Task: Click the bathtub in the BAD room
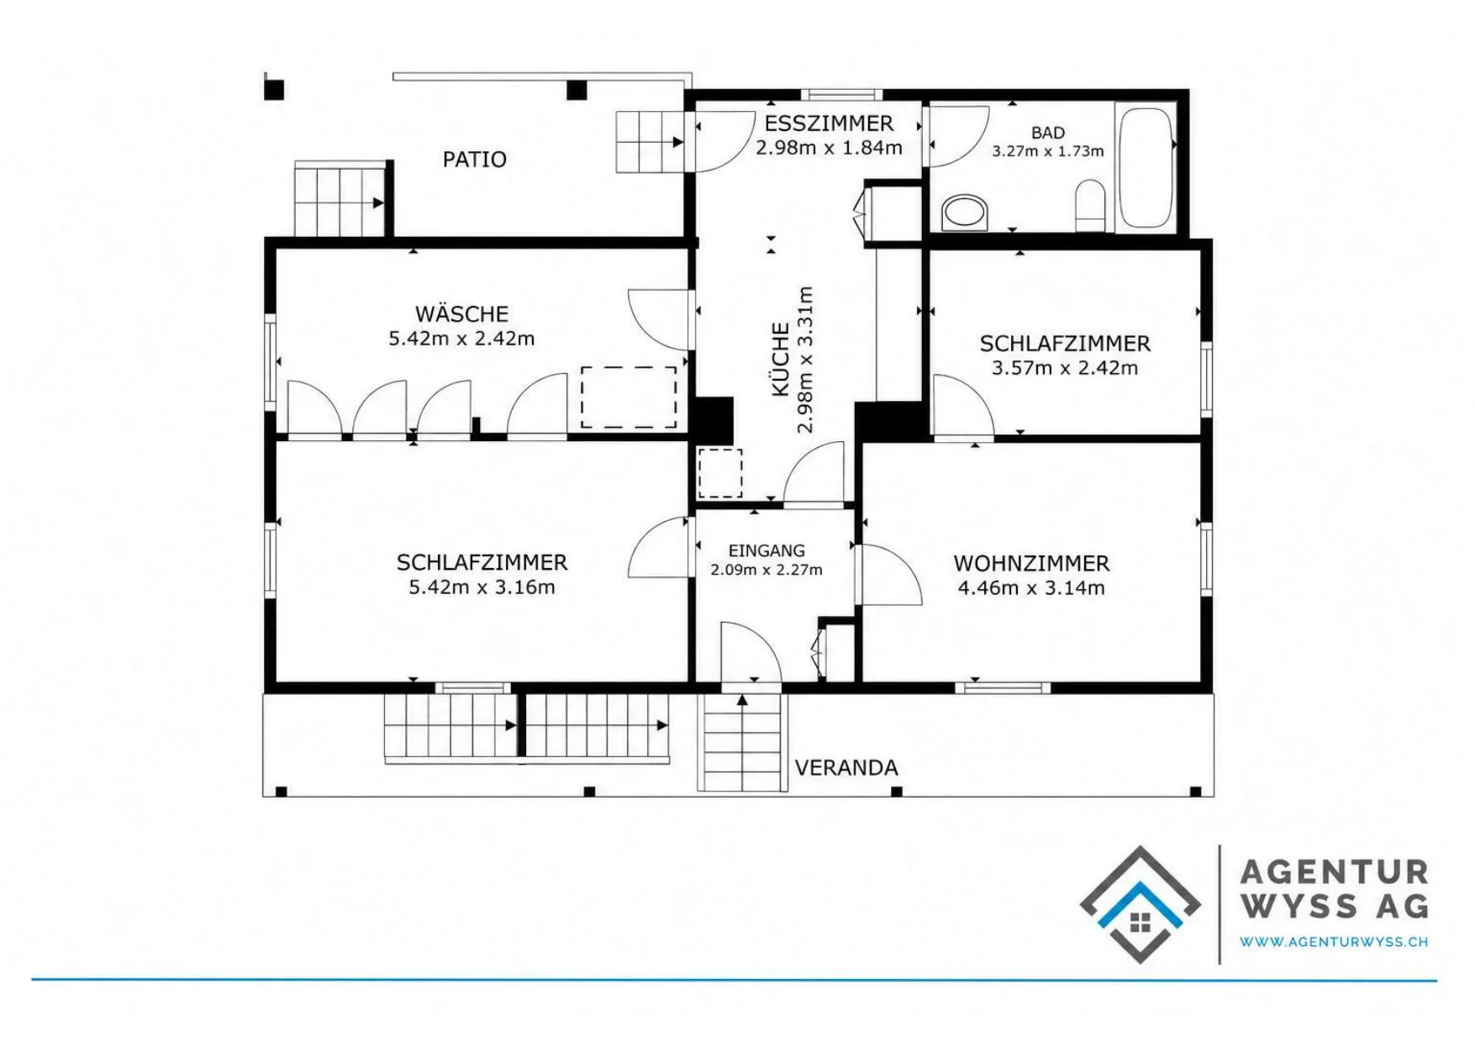[1146, 166]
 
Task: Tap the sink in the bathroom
[965, 213]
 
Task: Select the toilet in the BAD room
[1090, 204]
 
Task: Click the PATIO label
[474, 160]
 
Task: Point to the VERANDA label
[846, 767]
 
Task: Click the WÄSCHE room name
[461, 313]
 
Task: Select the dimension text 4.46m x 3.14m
[1031, 587]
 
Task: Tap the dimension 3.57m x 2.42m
[1065, 367]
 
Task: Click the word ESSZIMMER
[829, 124]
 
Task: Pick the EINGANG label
[766, 550]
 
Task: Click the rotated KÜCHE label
[781, 360]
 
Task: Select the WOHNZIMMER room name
[1031, 563]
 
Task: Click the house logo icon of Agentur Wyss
[1140, 904]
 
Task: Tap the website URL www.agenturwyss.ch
[1334, 942]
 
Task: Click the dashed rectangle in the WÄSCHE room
[629, 397]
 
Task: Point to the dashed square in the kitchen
[720, 473]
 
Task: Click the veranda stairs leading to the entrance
[742, 743]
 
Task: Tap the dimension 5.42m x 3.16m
[482, 587]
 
